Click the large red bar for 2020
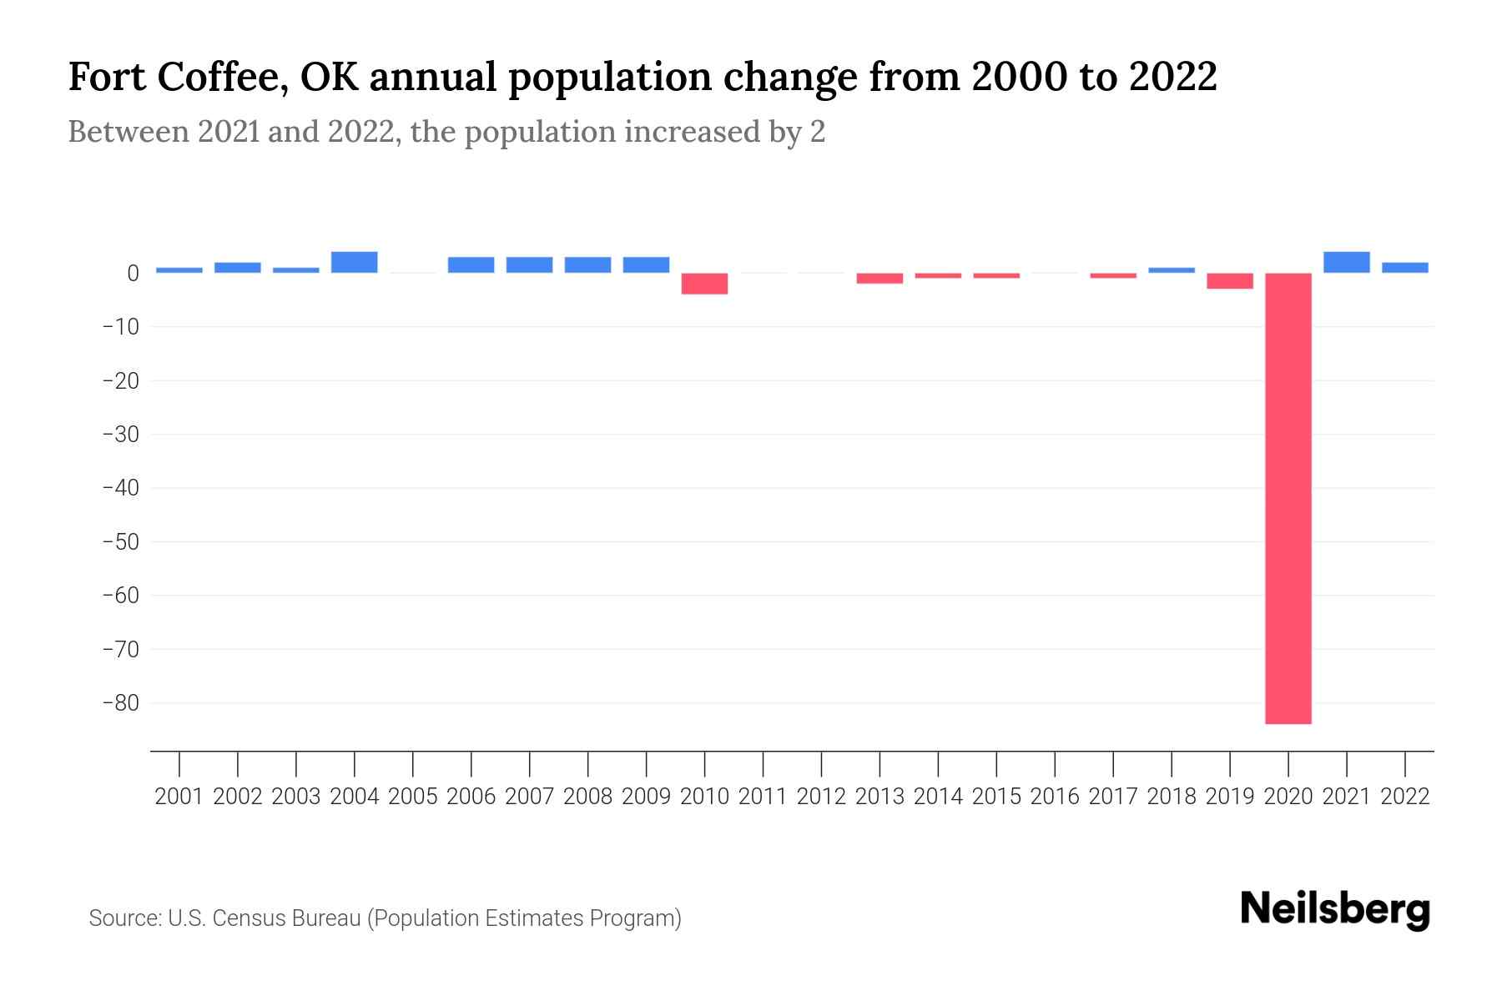click(1288, 498)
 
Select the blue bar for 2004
click(354, 262)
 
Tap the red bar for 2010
click(704, 284)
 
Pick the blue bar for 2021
click(1346, 262)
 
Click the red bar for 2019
click(1229, 281)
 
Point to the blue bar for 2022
click(1404, 268)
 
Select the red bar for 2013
click(880, 279)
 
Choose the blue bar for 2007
click(529, 264)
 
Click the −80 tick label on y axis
click(120, 702)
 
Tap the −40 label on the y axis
click(120, 487)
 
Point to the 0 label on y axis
click(133, 273)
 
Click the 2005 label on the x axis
click(412, 797)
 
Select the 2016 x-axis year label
click(1055, 797)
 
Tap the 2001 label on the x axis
click(179, 797)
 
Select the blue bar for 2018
click(1171, 270)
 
